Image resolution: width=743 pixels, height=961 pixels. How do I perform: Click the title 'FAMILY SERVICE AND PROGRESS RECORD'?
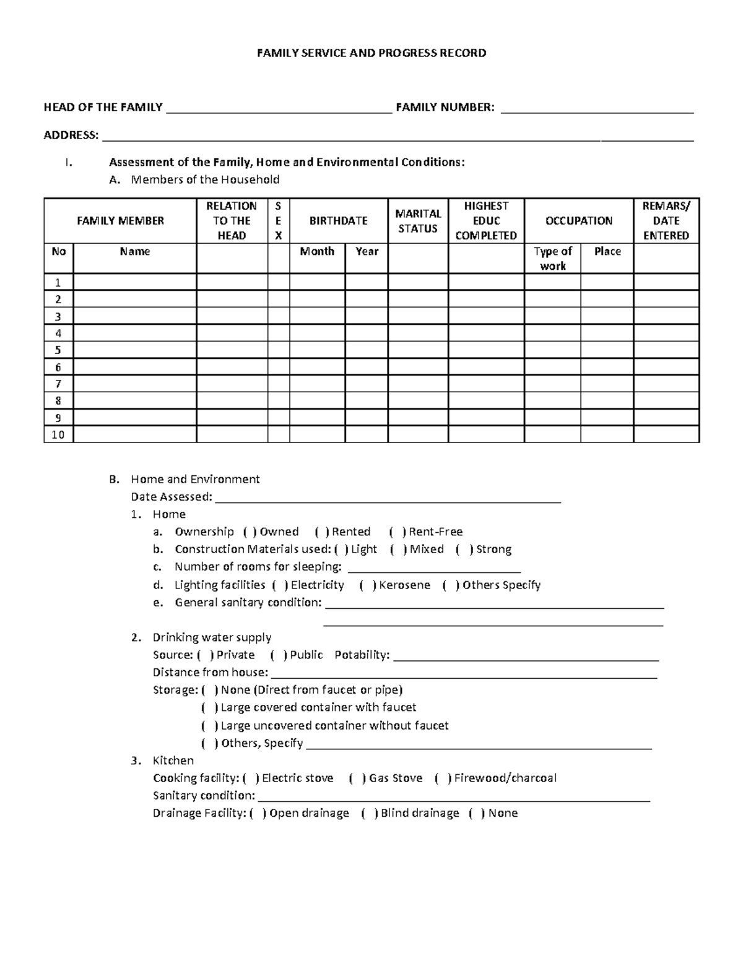(x=371, y=53)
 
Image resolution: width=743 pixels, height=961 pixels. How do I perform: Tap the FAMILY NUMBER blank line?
(x=597, y=110)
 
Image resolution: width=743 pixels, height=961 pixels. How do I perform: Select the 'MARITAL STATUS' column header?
(x=418, y=221)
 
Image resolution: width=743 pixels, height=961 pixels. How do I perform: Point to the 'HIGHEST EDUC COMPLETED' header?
(x=486, y=221)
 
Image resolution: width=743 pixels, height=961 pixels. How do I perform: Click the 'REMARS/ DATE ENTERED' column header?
(x=666, y=221)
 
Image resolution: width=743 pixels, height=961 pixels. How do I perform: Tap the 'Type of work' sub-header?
(x=552, y=259)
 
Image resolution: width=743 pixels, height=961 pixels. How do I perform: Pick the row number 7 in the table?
(x=58, y=384)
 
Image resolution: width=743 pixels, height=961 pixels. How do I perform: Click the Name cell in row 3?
(x=134, y=316)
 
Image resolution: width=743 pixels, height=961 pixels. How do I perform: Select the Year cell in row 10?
(x=366, y=434)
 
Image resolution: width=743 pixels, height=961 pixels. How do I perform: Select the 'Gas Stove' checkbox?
(x=357, y=778)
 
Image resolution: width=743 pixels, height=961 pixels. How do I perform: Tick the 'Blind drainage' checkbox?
(x=369, y=814)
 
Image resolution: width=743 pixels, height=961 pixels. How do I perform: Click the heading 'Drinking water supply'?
(x=212, y=637)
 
